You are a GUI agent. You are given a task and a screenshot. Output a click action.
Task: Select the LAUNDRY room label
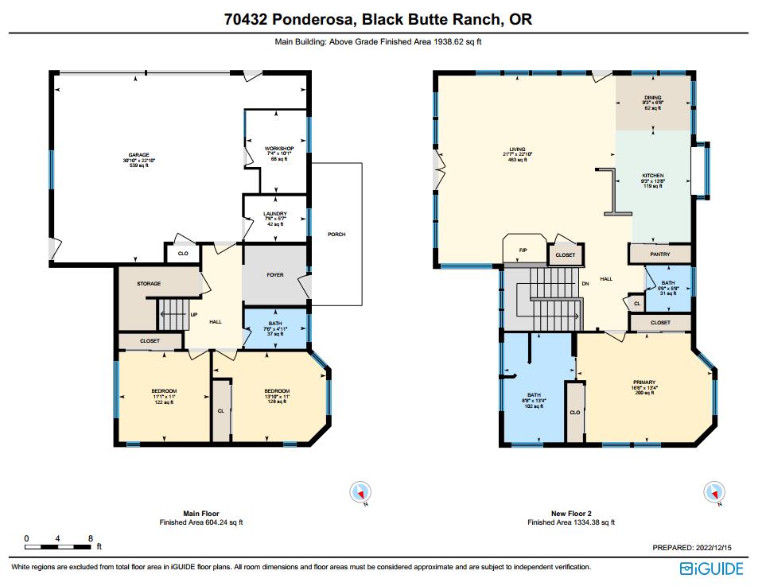click(x=275, y=214)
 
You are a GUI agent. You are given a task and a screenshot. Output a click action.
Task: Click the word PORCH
click(x=337, y=235)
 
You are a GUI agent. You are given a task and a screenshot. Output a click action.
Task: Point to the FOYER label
click(x=275, y=275)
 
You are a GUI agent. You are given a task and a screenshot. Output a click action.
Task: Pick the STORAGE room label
click(x=149, y=283)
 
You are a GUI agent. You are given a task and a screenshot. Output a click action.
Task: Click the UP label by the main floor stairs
click(x=193, y=314)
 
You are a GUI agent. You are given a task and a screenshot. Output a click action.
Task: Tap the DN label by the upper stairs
click(x=585, y=284)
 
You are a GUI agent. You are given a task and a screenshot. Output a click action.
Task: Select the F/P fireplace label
click(x=523, y=250)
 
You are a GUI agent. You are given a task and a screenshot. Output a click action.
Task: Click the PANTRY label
click(x=659, y=254)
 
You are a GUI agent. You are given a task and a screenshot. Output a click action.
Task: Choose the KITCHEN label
click(x=652, y=176)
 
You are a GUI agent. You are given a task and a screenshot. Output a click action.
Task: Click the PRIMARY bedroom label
click(x=644, y=382)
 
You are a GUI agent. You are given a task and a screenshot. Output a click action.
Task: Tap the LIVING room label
click(x=518, y=149)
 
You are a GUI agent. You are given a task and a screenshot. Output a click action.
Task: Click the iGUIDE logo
click(x=711, y=568)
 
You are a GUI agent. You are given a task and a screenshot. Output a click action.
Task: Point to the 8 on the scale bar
click(x=91, y=538)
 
